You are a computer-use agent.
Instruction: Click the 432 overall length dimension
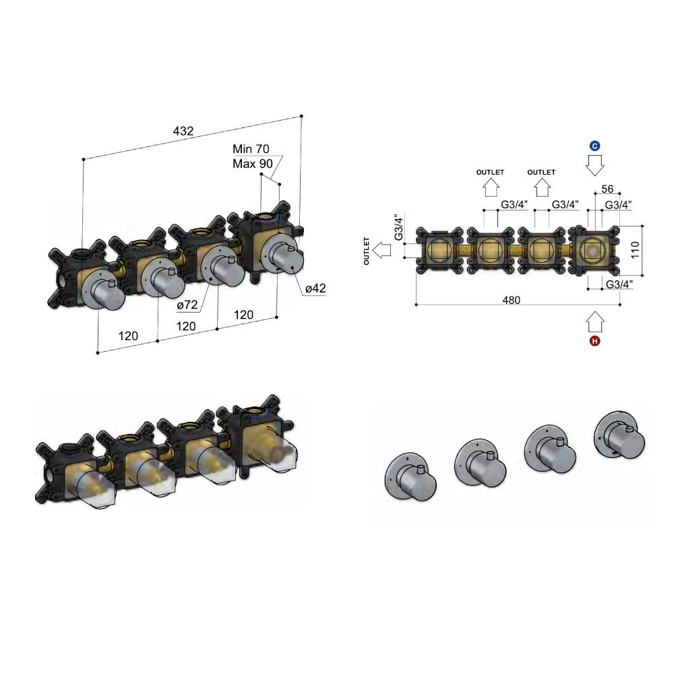183,131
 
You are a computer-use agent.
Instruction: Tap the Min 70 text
251,149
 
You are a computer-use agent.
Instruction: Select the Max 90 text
253,164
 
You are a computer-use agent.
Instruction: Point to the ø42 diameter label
315,288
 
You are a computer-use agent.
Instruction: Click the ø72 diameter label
187,305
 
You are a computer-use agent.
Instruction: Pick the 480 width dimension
511,300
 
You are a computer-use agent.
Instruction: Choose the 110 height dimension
635,250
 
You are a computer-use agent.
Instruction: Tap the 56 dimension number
607,189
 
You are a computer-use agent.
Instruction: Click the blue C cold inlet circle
595,146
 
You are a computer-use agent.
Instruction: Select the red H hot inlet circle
595,341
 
